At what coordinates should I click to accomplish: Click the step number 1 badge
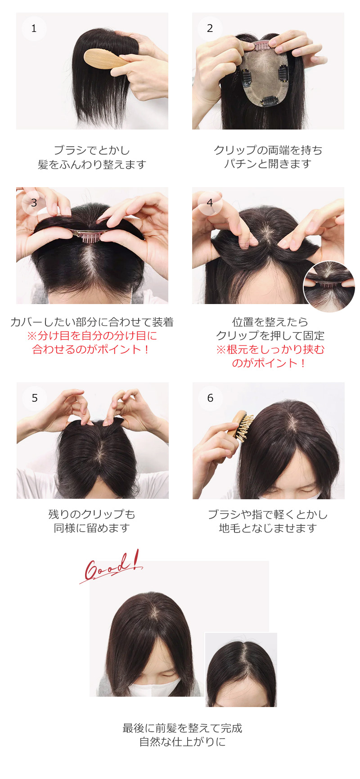click(34, 28)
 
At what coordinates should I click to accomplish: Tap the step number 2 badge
click(210, 28)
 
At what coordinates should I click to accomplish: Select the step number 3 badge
click(34, 203)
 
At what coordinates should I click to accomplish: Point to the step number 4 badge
click(210, 203)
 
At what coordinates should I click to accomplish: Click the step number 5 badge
click(35, 398)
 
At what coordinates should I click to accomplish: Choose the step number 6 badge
click(210, 398)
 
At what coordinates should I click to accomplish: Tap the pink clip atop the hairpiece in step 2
click(261, 45)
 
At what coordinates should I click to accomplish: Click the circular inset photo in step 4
click(329, 287)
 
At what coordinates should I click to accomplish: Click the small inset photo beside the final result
click(241, 670)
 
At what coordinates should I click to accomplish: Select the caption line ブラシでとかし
click(92, 150)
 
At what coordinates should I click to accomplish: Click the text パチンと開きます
click(268, 164)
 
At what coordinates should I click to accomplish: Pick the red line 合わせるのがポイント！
click(92, 349)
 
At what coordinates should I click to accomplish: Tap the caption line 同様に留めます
click(92, 528)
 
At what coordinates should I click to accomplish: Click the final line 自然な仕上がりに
click(183, 742)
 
